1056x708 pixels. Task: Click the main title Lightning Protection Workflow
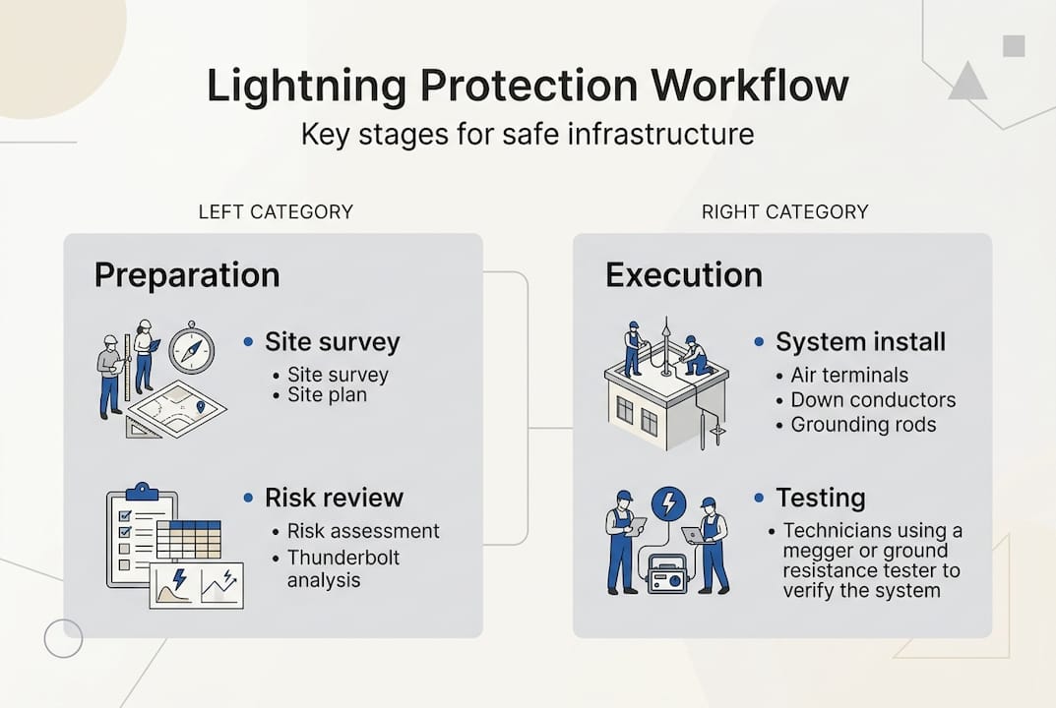click(528, 87)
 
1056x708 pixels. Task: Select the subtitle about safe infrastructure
click(528, 134)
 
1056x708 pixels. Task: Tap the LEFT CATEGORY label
click(276, 211)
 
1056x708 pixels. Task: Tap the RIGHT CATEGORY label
click(784, 211)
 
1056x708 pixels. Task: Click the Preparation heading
click(187, 274)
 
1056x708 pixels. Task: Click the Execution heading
click(684, 274)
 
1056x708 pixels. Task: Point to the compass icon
click(191, 350)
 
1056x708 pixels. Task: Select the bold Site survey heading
click(332, 342)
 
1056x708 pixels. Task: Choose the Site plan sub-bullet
click(327, 395)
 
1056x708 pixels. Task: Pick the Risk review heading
click(334, 497)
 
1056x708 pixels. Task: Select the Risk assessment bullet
click(362, 531)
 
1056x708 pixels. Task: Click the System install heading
click(860, 342)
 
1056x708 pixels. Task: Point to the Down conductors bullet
click(873, 400)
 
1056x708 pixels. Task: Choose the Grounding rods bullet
click(863, 425)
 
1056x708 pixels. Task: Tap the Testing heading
click(820, 497)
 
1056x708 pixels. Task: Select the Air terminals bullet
click(849, 376)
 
